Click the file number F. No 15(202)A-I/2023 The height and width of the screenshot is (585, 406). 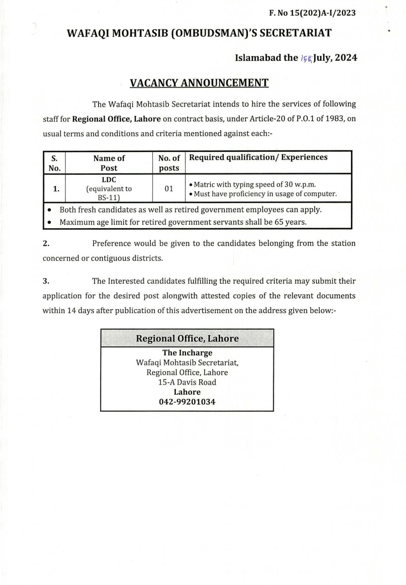312,13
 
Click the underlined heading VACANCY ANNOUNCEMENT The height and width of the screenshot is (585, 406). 199,83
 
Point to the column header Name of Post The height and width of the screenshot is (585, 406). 109,163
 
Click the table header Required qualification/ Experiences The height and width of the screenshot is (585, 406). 258,157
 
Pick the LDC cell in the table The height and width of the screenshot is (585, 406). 109,179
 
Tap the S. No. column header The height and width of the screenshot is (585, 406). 54,163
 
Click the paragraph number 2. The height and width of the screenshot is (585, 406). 45,243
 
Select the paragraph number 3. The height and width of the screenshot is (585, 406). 45,281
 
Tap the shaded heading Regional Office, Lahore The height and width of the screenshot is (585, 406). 187,338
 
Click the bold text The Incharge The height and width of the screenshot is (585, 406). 187,353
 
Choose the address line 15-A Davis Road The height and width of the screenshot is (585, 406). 187,382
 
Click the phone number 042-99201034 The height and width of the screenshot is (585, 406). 187,402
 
